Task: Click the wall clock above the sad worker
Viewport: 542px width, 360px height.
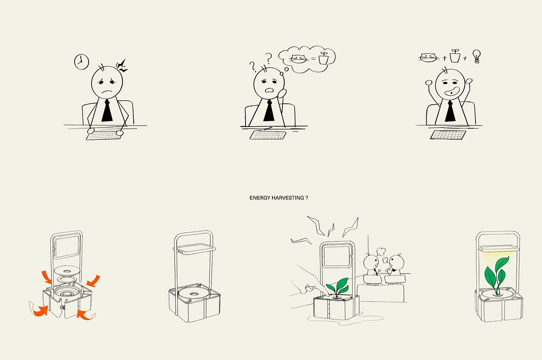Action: pyautogui.click(x=82, y=62)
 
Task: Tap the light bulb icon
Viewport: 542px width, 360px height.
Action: pyautogui.click(x=476, y=57)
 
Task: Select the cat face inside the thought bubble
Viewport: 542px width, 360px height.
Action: pyautogui.click(x=299, y=59)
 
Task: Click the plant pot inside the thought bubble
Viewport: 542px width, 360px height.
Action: pyautogui.click(x=324, y=58)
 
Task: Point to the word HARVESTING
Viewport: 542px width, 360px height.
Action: pyautogui.click(x=288, y=198)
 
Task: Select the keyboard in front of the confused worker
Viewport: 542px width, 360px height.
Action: pyautogui.click(x=268, y=135)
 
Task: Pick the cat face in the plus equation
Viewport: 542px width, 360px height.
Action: pyautogui.click(x=429, y=58)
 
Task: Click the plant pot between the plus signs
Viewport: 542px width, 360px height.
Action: pyautogui.click(x=455, y=56)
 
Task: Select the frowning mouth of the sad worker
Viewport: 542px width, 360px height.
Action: pyautogui.click(x=107, y=92)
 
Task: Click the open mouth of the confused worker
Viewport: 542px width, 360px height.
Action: pyautogui.click(x=269, y=90)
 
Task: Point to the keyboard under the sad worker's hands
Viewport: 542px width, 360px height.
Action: pyautogui.click(x=104, y=136)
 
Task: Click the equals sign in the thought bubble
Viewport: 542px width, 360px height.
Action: pyautogui.click(x=313, y=58)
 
